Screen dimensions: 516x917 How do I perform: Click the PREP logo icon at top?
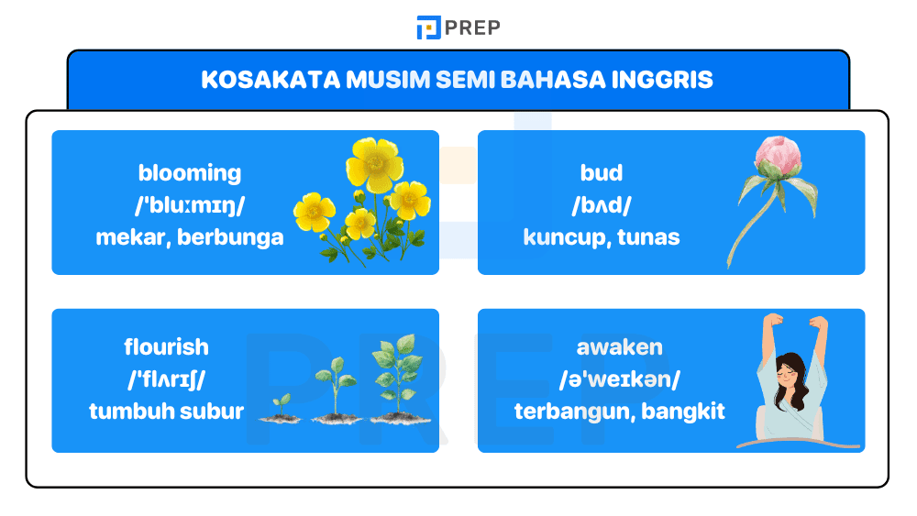coord(428,27)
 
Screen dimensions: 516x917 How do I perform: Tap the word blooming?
coord(190,172)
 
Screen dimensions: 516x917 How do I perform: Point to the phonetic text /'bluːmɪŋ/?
coord(190,205)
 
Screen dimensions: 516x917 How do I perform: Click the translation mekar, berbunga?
coord(190,237)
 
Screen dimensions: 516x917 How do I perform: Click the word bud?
coord(602,172)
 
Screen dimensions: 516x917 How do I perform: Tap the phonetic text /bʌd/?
coord(602,205)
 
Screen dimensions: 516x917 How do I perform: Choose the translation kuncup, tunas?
coord(602,237)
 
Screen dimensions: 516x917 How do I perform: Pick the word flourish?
coord(166,347)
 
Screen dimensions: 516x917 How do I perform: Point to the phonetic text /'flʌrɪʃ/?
coord(166,379)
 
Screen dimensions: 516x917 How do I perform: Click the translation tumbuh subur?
coord(166,412)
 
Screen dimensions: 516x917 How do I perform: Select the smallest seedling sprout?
coord(281,404)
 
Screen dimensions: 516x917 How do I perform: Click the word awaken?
coord(619,347)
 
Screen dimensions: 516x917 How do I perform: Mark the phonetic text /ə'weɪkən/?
coord(619,379)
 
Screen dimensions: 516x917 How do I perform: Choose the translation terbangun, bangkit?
coord(619,412)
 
